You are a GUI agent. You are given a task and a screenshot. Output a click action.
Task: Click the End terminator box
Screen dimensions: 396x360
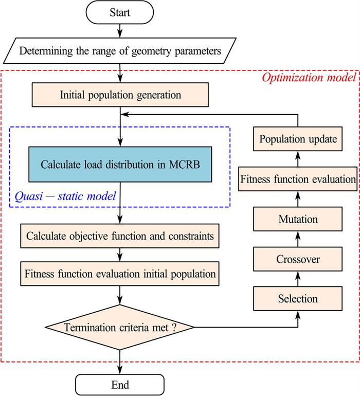pos(120,384)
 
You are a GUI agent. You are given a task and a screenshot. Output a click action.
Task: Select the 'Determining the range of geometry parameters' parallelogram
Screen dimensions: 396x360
pos(120,50)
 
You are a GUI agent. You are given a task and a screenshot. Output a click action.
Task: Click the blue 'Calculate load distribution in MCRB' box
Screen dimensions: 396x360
pos(120,164)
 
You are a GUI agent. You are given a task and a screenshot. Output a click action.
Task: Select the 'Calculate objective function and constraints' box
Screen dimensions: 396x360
pos(120,237)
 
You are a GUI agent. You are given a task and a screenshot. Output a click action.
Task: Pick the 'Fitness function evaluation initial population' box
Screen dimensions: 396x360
pos(120,274)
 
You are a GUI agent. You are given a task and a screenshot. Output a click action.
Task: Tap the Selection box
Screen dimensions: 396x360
pos(298,298)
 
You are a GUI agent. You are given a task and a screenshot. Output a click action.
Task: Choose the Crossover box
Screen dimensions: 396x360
pos(298,259)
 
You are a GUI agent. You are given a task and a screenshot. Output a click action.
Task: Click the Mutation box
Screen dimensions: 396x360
pos(298,219)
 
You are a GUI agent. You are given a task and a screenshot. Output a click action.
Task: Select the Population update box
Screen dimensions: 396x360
pos(298,139)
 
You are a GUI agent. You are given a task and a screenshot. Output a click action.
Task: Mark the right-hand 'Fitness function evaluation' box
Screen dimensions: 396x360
pos(298,179)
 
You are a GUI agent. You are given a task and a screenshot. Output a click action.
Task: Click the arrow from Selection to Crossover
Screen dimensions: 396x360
pos(298,278)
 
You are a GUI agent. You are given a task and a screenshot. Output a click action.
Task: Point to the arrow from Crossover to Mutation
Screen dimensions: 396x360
pos(298,239)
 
